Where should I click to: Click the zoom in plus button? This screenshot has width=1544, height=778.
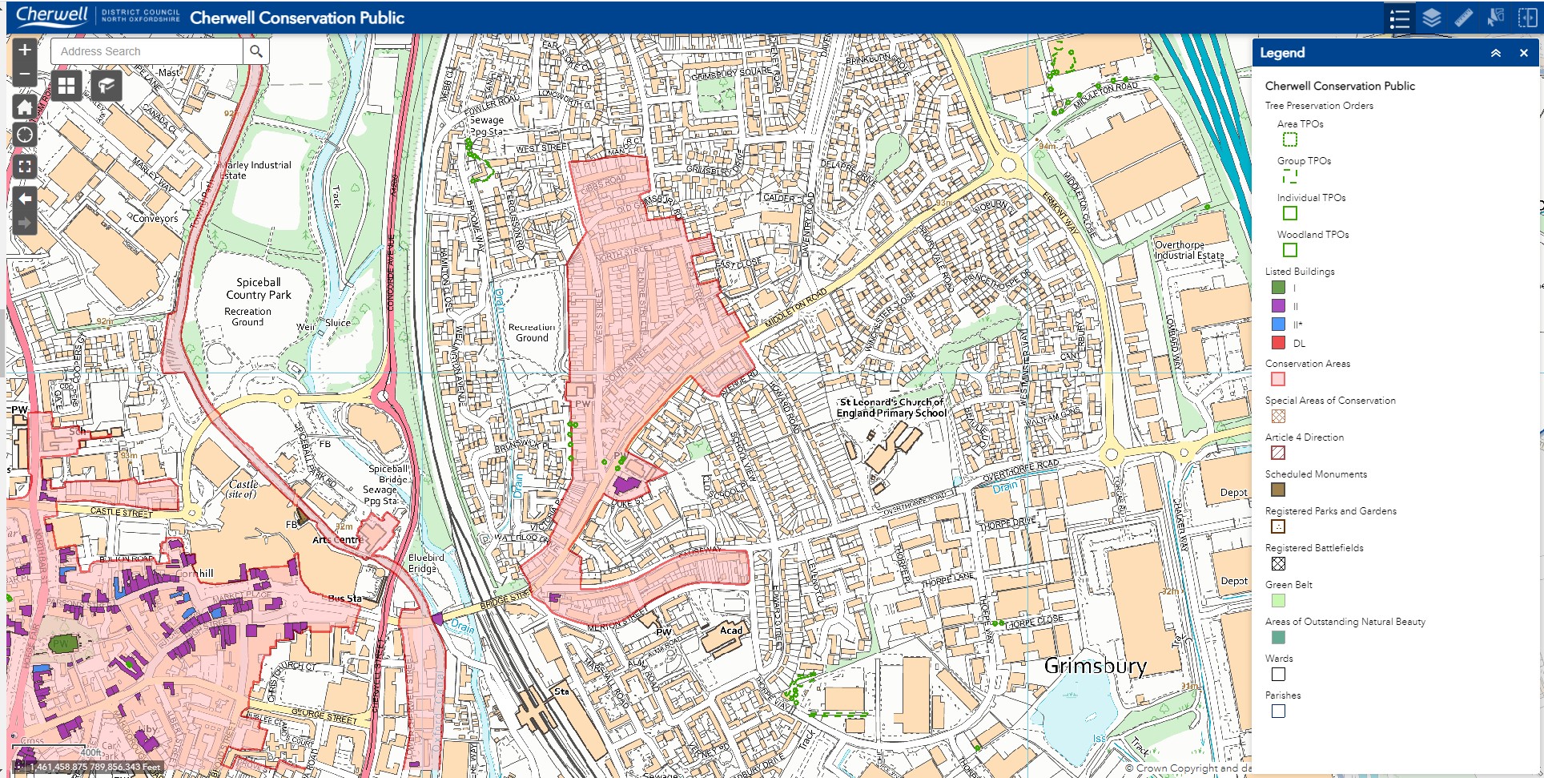point(25,50)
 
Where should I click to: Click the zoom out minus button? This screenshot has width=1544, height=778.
point(25,74)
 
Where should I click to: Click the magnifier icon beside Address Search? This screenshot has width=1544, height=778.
point(255,51)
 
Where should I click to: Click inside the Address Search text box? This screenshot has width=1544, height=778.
point(147,51)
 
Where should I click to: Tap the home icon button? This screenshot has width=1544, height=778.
point(25,107)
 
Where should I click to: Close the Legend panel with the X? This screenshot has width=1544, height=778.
point(1523,53)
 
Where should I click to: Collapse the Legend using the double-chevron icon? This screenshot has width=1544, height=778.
point(1495,53)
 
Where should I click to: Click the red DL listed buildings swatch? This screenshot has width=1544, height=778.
point(1278,343)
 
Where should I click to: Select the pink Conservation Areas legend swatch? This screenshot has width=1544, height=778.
point(1278,379)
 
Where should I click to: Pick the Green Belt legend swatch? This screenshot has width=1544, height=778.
point(1278,600)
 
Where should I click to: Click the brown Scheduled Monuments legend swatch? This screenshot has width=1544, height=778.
point(1278,490)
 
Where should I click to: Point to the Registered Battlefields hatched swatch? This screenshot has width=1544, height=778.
point(1278,563)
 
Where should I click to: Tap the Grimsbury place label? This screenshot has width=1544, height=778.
point(1095,666)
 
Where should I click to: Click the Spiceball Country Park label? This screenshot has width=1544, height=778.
point(258,288)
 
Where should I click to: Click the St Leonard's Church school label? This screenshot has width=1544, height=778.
point(891,408)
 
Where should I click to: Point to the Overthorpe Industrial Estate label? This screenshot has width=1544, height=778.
point(1188,250)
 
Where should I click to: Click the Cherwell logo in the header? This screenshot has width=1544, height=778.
point(52,16)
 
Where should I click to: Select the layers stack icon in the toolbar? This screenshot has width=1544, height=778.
point(1432,18)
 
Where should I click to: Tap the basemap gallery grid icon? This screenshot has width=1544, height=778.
point(66,85)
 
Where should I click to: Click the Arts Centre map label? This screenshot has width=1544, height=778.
point(336,539)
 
